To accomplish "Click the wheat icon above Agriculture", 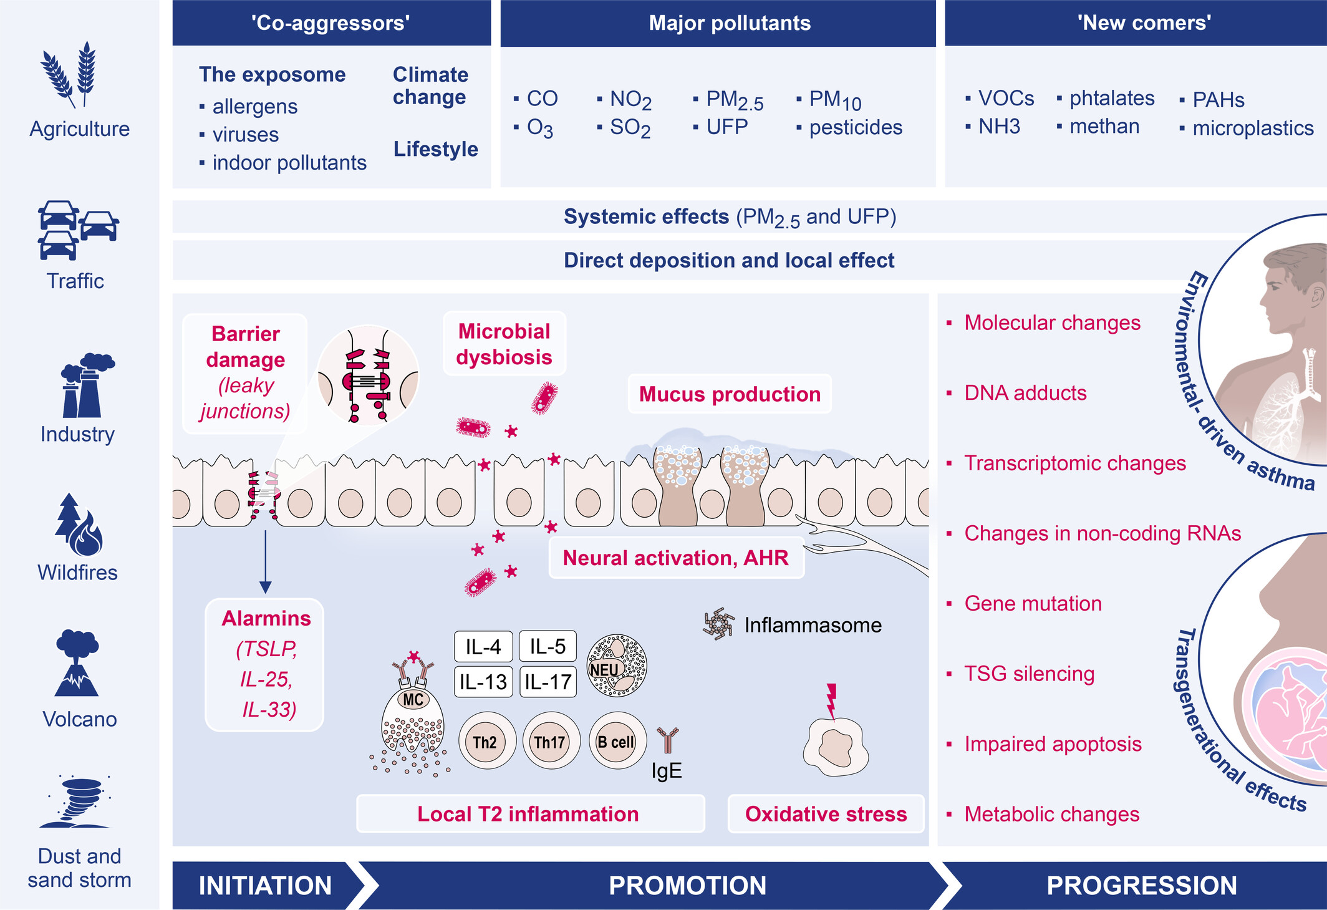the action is click(x=69, y=75).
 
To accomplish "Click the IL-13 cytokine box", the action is click(x=483, y=682).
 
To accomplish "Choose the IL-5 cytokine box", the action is click(x=548, y=646).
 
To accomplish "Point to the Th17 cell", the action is click(x=549, y=741).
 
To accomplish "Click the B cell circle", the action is click(x=616, y=741).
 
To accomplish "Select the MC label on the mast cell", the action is click(x=413, y=700).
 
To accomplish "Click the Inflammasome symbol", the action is click(x=719, y=624).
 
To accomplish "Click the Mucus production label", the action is click(x=730, y=394).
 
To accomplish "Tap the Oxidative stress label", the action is click(x=826, y=814).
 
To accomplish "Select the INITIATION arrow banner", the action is click(x=268, y=886).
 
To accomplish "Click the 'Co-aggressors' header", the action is click(x=331, y=23).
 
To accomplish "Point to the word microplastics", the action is click(x=1253, y=128).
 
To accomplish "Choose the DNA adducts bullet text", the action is click(x=1025, y=393).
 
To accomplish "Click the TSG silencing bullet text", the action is click(x=1030, y=674).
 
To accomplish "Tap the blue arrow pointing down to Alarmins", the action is click(x=266, y=561).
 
